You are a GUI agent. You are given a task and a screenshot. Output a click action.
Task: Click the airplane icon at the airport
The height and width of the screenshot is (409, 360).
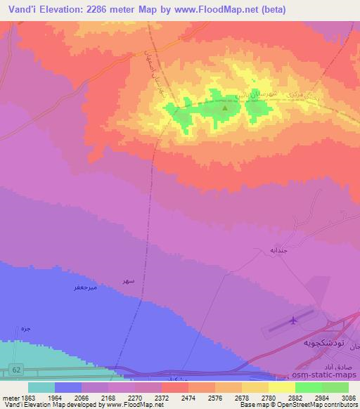pos(293,322)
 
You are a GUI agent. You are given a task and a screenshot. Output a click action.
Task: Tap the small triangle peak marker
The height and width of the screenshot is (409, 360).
pos(225,108)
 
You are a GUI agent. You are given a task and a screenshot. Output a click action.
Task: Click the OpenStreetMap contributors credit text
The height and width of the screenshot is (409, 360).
pos(314,405)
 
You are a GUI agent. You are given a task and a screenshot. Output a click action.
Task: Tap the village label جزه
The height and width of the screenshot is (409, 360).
pos(26,328)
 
